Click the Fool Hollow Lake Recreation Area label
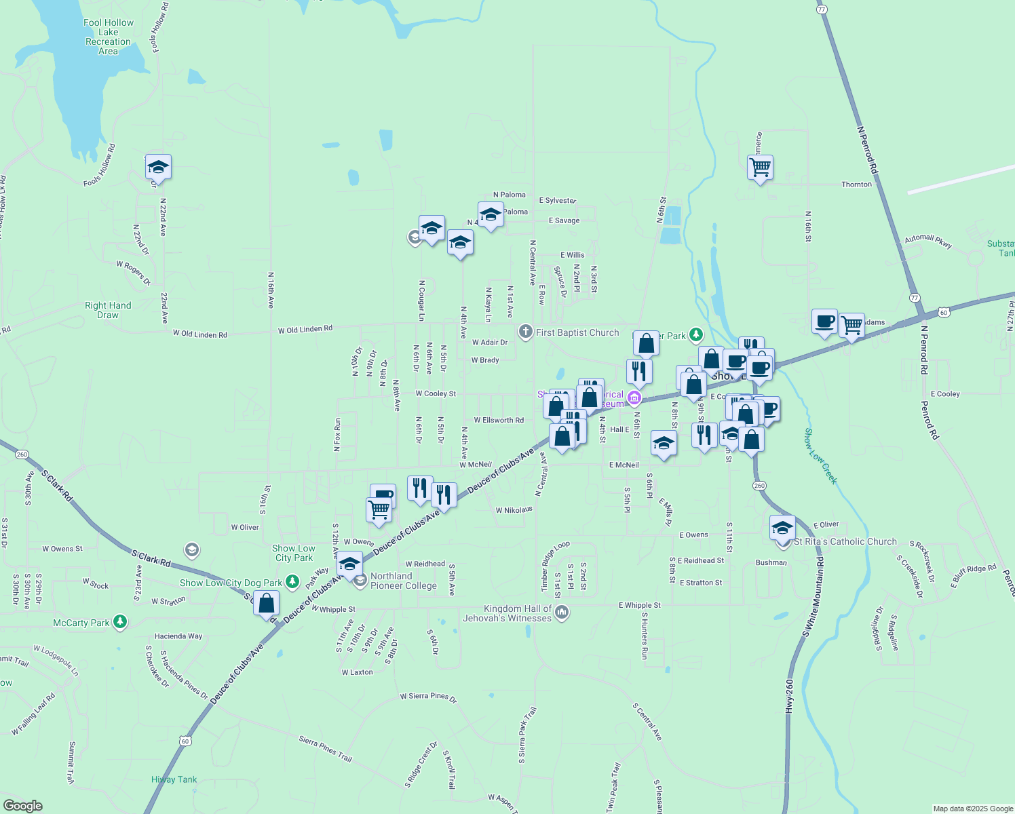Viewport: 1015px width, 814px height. click(x=109, y=37)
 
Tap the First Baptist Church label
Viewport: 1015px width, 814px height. click(x=577, y=332)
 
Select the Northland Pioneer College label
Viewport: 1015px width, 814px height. click(x=404, y=581)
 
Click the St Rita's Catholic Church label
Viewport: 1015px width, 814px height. click(x=845, y=541)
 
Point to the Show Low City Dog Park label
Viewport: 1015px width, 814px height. click(x=231, y=583)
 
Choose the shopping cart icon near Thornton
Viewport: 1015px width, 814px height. click(x=761, y=166)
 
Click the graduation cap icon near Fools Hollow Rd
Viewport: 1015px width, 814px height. click(x=158, y=166)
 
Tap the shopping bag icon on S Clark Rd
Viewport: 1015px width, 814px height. click(x=267, y=602)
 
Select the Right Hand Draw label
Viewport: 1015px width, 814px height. click(x=108, y=310)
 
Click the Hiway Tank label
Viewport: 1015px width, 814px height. click(x=174, y=779)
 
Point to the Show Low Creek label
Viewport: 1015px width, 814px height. click(x=821, y=456)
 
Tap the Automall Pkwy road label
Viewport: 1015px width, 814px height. click(x=928, y=241)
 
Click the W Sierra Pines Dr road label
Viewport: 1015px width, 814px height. click(x=428, y=697)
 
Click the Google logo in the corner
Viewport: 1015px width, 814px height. click(x=22, y=805)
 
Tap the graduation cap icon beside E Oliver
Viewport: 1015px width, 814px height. click(x=782, y=527)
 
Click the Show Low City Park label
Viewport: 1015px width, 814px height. click(x=294, y=553)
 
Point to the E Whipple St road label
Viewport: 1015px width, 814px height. click(x=639, y=605)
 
